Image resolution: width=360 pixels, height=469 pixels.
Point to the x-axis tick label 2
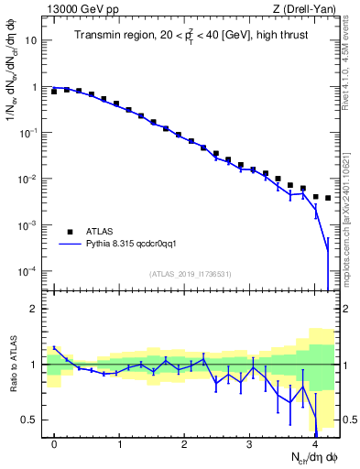click(184, 443)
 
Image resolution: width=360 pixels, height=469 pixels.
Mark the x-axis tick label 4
click(314, 443)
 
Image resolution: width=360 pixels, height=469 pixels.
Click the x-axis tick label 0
click(54, 443)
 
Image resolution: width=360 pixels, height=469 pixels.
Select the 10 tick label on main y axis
click(32, 41)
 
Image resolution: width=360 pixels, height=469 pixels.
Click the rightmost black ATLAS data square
click(328, 198)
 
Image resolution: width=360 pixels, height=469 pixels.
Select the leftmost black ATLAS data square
click(54, 92)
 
